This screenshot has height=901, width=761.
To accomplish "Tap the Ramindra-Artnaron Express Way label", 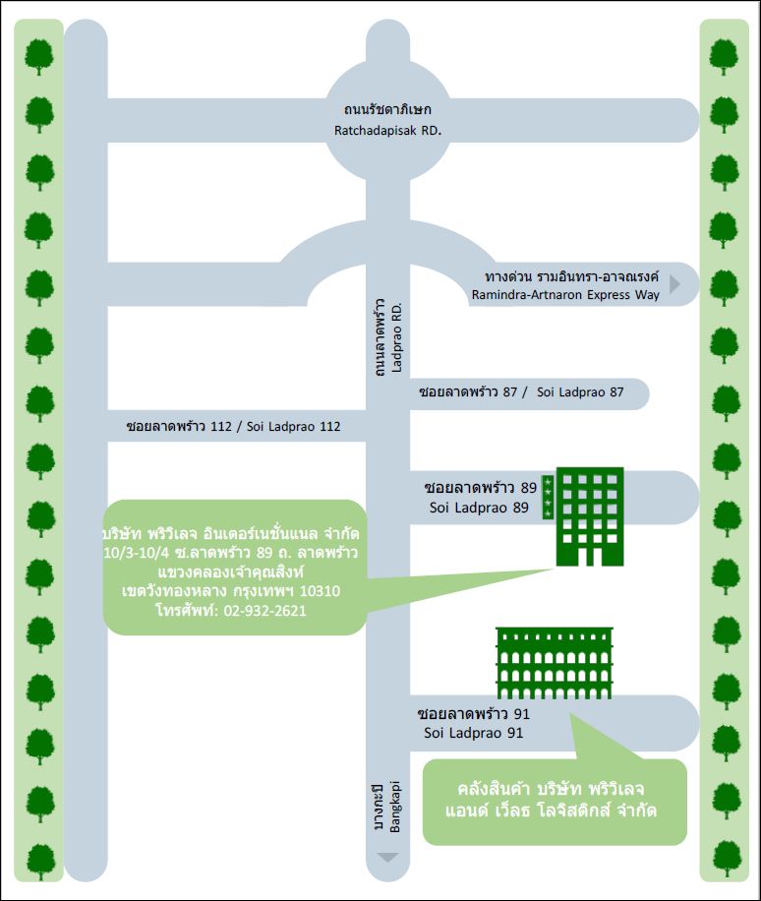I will (x=565, y=294).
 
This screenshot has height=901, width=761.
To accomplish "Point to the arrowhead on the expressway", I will (x=674, y=284).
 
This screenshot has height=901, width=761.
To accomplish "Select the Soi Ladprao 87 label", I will (x=581, y=392).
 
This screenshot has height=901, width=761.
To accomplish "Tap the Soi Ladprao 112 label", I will (x=293, y=427).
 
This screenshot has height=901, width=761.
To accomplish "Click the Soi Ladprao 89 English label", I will (x=480, y=508).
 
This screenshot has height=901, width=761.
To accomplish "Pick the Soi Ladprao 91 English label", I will (x=473, y=733).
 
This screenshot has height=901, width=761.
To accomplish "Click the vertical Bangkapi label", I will (x=395, y=811).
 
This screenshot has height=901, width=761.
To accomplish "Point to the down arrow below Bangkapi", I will (x=388, y=858).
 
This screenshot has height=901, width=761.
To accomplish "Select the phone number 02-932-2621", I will (x=264, y=610).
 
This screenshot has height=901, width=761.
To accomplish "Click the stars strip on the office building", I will (x=548, y=498).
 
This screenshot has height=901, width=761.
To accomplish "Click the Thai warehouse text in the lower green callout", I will (x=556, y=801).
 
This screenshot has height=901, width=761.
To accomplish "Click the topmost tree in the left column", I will (x=39, y=56).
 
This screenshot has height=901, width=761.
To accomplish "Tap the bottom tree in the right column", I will (x=725, y=860).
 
